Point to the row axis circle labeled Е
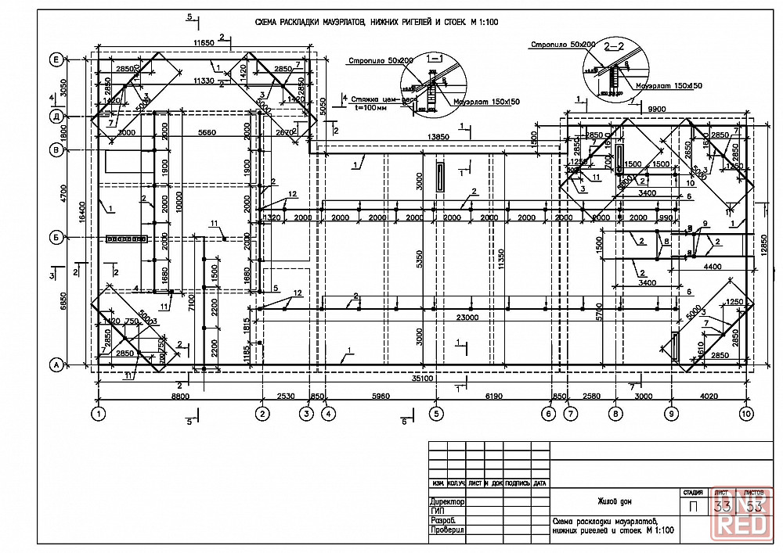pos(56,59)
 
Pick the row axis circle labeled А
pos(56,364)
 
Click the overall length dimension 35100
pos(423,379)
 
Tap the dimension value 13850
pos(438,137)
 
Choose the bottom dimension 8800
pos(181,397)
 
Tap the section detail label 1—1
pos(434,57)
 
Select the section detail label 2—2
pos(616,47)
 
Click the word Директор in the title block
pos(447,501)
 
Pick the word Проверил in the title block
pos(447,530)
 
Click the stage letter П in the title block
pos(693,506)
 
